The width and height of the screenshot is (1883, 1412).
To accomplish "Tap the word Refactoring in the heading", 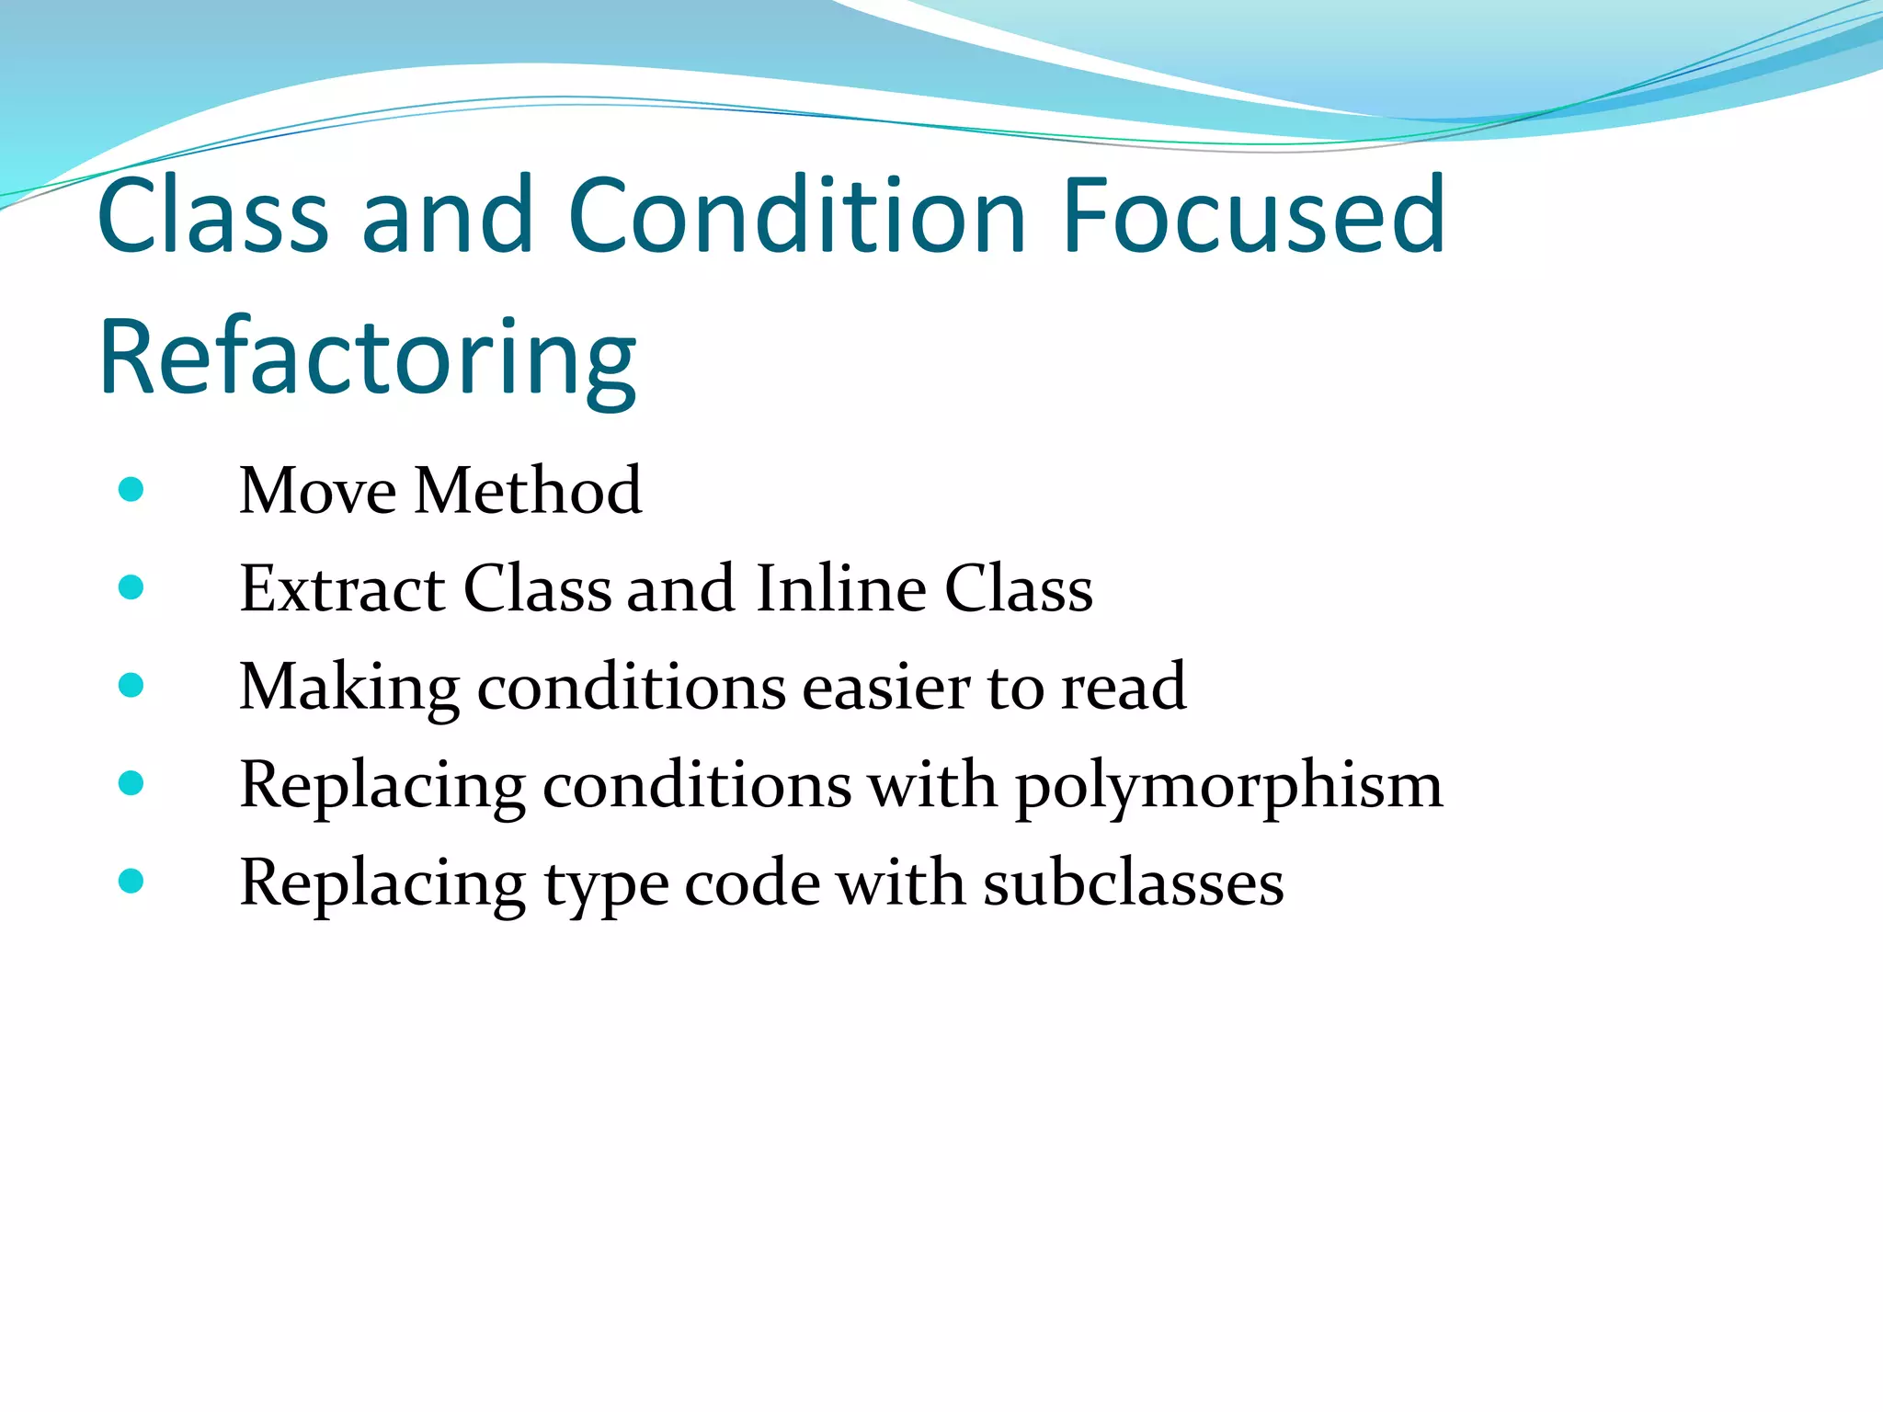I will tap(367, 358).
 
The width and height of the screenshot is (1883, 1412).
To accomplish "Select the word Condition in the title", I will tap(796, 216).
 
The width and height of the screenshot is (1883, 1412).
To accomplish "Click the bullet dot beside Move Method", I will tap(131, 489).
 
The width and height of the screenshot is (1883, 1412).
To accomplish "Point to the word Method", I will tap(528, 491).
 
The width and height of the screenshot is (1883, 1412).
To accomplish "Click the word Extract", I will tap(342, 588).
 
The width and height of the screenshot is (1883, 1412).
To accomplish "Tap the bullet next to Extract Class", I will tap(131, 587).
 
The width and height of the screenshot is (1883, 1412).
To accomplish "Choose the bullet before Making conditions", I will tap(131, 685).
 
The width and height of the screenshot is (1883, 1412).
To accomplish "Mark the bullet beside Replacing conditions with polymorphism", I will tap(131, 783).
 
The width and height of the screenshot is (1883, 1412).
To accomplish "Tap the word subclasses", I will tap(1133, 883).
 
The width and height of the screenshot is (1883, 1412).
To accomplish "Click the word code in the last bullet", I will tap(752, 883).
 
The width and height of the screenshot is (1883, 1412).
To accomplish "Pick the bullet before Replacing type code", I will tap(131, 882).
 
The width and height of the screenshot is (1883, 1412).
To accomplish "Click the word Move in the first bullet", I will tap(318, 491).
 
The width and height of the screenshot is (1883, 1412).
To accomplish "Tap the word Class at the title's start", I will tap(212, 216).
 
